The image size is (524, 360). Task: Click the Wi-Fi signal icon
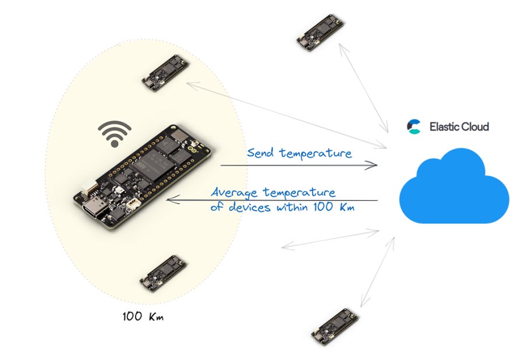(x=114, y=133)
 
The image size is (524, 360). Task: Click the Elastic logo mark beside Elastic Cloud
(x=414, y=126)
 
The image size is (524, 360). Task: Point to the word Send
(x=260, y=153)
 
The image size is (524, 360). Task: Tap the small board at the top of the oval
(x=166, y=73)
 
